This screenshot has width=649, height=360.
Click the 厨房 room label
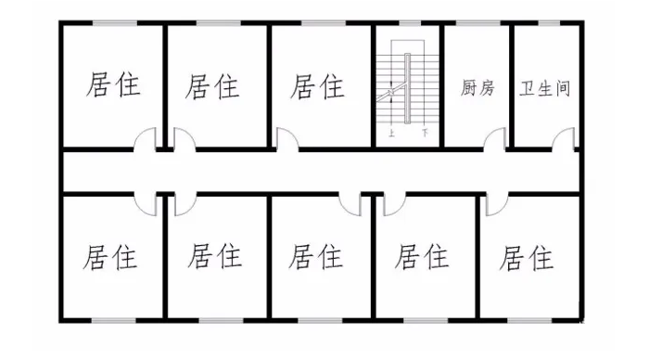click(477, 88)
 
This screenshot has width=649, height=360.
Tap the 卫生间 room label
click(544, 88)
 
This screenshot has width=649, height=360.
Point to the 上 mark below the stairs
click(392, 133)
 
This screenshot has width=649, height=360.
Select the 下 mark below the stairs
click(424, 133)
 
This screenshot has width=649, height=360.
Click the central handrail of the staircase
click(407, 88)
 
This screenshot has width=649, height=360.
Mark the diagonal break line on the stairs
click(389, 93)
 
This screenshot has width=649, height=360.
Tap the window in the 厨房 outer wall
click(477, 22)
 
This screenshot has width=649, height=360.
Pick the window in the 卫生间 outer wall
click(546, 22)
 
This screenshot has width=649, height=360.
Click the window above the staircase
click(408, 22)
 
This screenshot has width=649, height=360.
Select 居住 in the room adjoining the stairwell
click(317, 86)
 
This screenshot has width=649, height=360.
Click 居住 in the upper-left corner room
click(112, 86)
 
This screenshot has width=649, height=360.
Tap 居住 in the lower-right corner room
click(526, 257)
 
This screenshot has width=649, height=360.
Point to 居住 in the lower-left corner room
click(111, 255)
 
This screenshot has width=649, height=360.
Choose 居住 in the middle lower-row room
click(316, 255)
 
